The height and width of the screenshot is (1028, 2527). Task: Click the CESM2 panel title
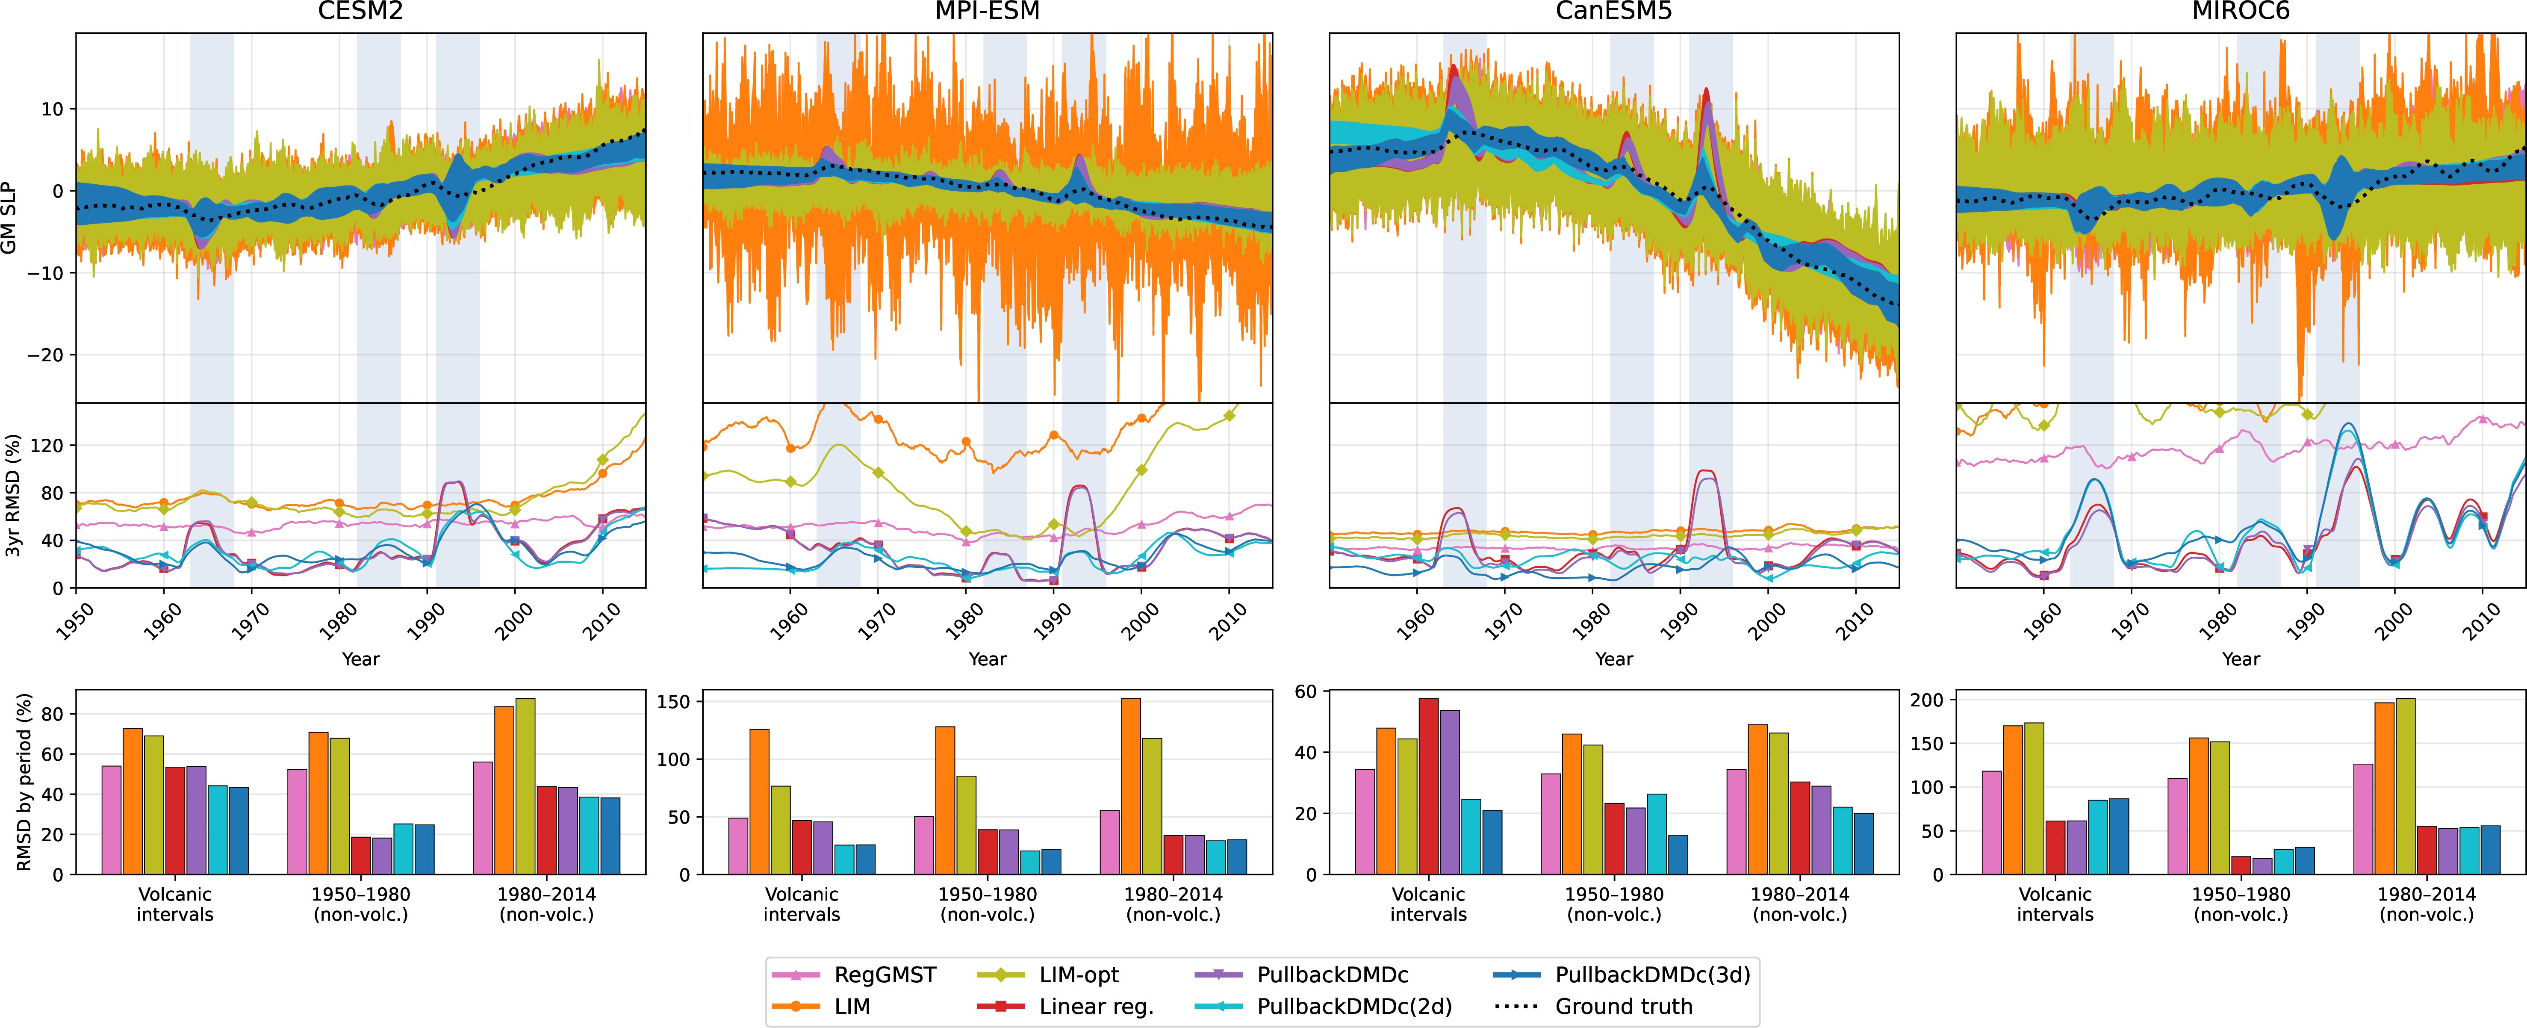pos(360,12)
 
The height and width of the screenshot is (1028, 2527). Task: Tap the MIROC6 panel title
pos(2241,12)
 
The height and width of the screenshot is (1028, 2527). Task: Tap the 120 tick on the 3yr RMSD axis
pos(47,445)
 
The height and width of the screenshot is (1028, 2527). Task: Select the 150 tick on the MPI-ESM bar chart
pos(674,702)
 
